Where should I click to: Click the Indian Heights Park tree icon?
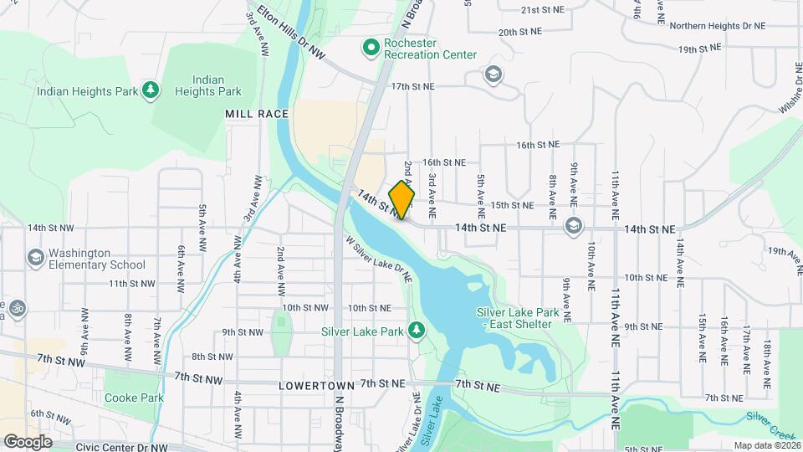pyautogui.click(x=151, y=90)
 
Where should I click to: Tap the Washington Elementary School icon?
pyautogui.click(x=35, y=258)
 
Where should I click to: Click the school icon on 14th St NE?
pyautogui.click(x=574, y=227)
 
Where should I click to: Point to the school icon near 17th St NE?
pyautogui.click(x=494, y=75)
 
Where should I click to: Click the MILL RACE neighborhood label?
pyautogui.click(x=256, y=113)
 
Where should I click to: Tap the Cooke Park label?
pyautogui.click(x=134, y=398)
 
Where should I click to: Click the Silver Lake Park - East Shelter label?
pyautogui.click(x=514, y=318)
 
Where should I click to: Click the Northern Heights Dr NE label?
pyautogui.click(x=718, y=26)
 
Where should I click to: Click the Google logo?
pyautogui.click(x=28, y=441)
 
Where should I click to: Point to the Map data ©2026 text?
pyautogui.click(x=766, y=445)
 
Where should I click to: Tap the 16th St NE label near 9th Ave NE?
pyautogui.click(x=537, y=145)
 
